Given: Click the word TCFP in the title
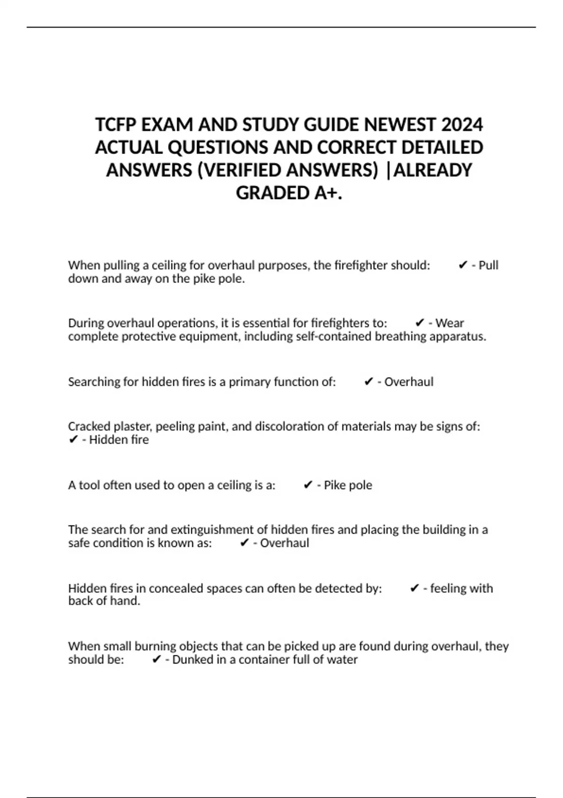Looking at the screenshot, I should coord(116,125).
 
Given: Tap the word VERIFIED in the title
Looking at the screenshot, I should coord(243,170).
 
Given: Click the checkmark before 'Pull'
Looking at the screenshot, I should coord(463,265).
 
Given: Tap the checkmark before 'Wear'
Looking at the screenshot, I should coord(420,323).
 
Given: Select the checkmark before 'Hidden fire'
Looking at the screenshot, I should coord(73,440).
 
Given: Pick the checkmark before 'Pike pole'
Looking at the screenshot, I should coord(308,485).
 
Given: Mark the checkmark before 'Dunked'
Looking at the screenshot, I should coord(157,660).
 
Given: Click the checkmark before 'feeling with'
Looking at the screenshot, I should coord(414,588).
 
